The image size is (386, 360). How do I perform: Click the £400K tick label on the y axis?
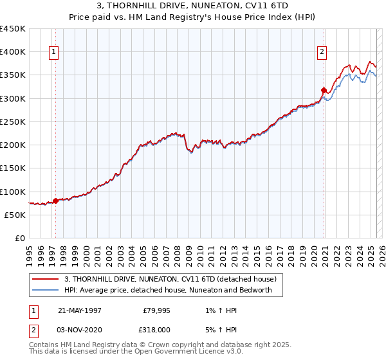(13, 52)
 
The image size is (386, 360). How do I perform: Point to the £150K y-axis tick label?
(13, 168)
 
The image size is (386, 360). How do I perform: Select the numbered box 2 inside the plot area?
(322, 53)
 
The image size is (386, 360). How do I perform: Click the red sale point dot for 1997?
(55, 201)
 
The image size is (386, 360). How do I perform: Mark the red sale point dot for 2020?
(323, 90)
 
